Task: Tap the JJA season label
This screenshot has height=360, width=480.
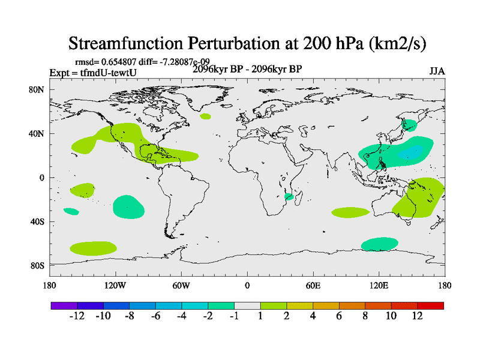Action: pyautogui.click(x=437, y=71)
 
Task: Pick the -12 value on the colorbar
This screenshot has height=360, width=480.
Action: pyautogui.click(x=77, y=316)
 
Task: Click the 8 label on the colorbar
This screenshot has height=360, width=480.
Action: pyautogui.click(x=365, y=316)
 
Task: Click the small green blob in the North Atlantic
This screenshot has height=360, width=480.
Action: pyautogui.click(x=206, y=116)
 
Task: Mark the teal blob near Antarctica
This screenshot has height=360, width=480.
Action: pyautogui.click(x=379, y=244)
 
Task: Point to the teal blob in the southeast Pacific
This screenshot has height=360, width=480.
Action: pyautogui.click(x=128, y=206)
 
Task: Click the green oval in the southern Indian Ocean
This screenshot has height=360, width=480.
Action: pyautogui.click(x=350, y=212)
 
